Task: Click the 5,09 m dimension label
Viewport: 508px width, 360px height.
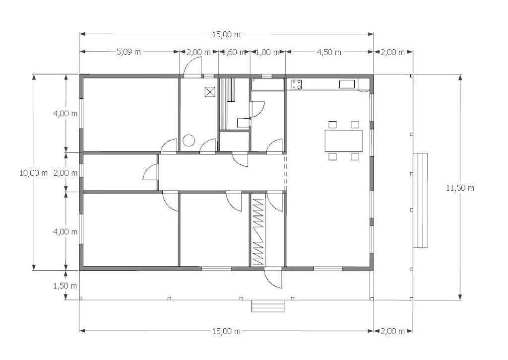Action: click(x=128, y=52)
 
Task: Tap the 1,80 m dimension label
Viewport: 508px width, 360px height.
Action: click(x=267, y=52)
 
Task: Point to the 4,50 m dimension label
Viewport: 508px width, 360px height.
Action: click(x=329, y=52)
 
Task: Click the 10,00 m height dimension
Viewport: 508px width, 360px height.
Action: click(x=33, y=173)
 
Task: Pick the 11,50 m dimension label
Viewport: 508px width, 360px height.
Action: click(x=460, y=188)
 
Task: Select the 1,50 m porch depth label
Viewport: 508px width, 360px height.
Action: click(x=65, y=286)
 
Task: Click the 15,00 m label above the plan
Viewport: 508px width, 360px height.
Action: click(x=226, y=34)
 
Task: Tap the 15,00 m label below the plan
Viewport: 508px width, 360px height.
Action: click(x=226, y=331)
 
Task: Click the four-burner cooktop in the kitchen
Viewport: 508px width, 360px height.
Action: click(x=297, y=84)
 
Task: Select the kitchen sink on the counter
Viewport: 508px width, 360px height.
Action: click(x=347, y=84)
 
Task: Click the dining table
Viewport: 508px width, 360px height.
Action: click(x=344, y=141)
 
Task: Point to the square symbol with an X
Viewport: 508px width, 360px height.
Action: click(x=210, y=92)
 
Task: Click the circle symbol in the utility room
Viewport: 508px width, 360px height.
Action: click(x=188, y=141)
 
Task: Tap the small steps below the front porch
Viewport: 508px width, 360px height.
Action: click(x=268, y=306)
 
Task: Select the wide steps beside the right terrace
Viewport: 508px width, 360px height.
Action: click(x=421, y=201)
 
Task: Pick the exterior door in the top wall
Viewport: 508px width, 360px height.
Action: click(x=192, y=67)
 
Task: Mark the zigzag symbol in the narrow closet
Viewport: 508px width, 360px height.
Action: click(x=258, y=231)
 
